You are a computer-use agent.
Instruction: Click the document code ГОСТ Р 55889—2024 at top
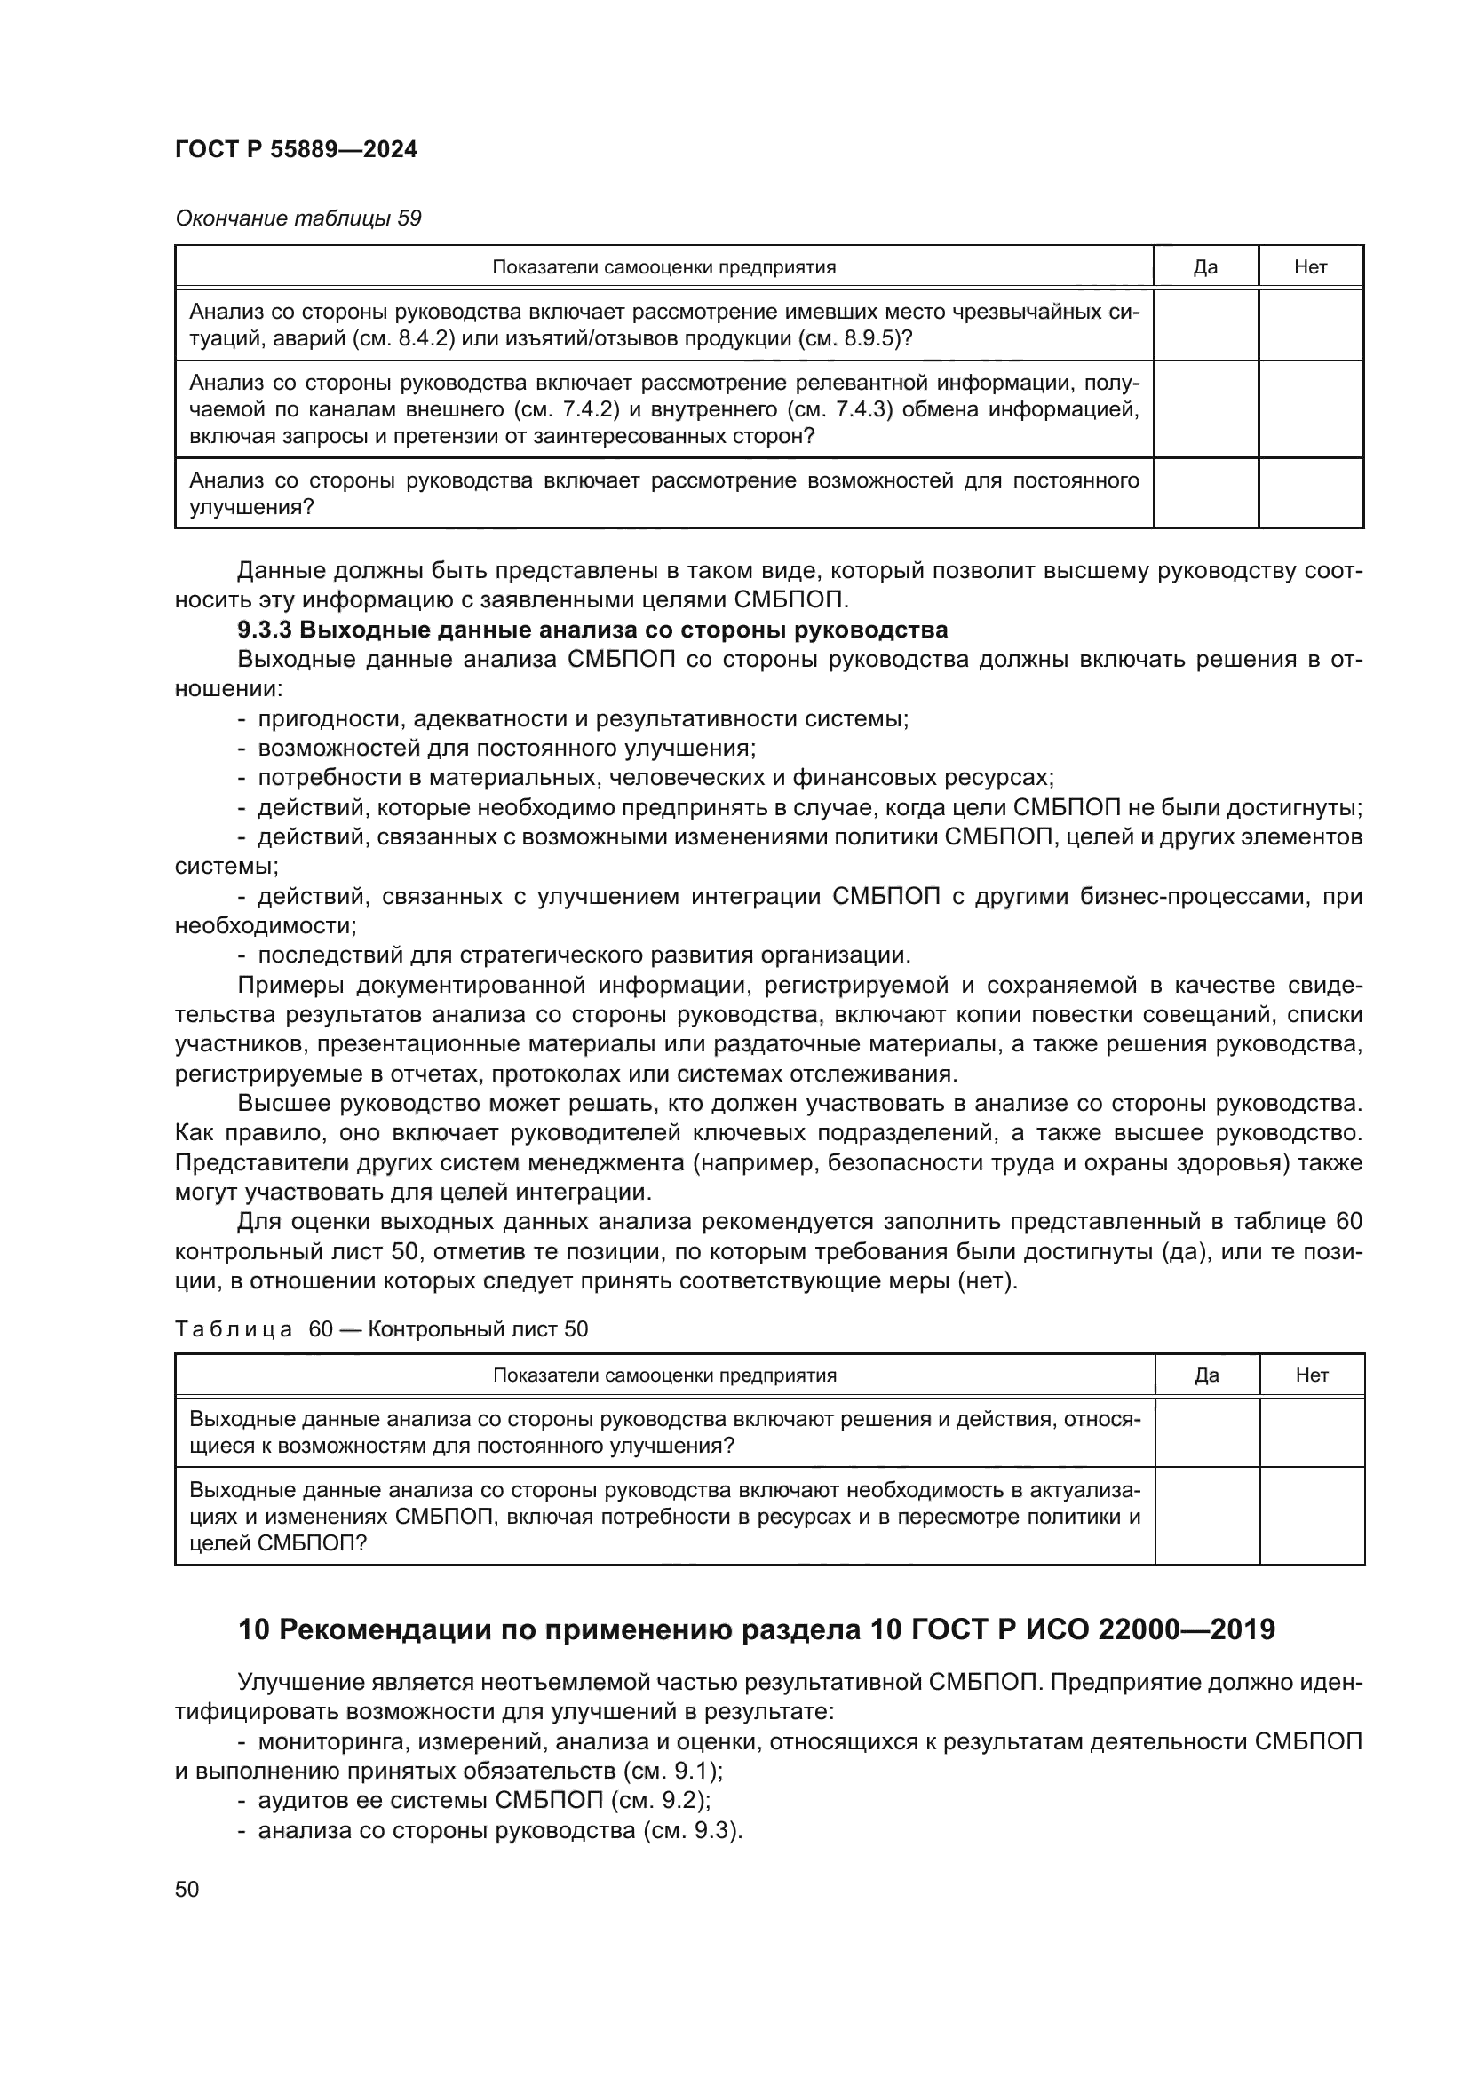point(296,150)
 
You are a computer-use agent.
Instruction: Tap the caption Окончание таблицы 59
point(298,218)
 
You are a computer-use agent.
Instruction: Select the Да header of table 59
point(1205,267)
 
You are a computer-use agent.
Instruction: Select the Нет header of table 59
point(1310,267)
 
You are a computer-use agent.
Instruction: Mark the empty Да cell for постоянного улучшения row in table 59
point(1205,493)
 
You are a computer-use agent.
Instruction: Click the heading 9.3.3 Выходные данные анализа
point(592,630)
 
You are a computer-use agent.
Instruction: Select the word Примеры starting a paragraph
point(290,985)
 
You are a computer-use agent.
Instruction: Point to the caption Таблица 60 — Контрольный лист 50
point(381,1329)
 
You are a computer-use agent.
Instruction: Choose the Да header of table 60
point(1207,1375)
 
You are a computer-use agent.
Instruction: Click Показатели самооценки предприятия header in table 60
point(665,1375)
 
